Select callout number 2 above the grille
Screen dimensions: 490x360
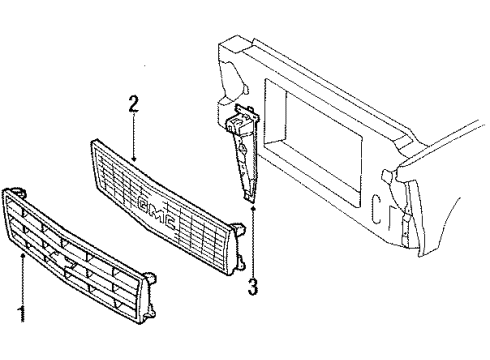[134, 104]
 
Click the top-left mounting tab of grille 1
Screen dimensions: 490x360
[17, 190]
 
